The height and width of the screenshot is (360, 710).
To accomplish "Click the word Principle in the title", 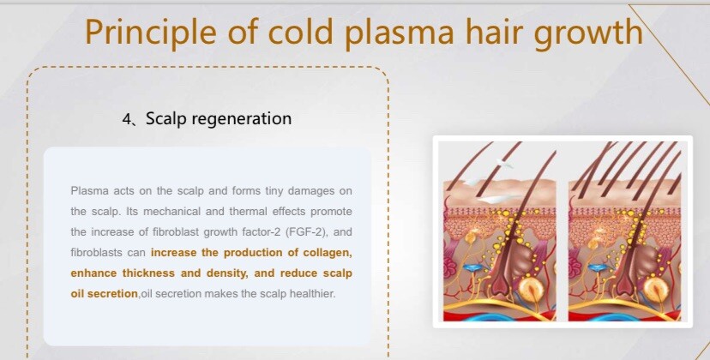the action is [150, 33].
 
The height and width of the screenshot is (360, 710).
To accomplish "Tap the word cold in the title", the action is [301, 31].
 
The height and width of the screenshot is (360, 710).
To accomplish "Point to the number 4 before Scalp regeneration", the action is [126, 119].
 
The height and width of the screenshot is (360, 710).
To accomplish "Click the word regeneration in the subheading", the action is [242, 119].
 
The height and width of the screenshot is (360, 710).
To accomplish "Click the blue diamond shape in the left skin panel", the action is [471, 268].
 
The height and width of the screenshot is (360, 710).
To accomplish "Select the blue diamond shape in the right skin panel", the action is [596, 268].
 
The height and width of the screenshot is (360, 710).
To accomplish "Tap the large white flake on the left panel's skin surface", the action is [498, 198].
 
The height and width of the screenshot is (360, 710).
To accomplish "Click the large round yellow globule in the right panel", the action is [655, 289].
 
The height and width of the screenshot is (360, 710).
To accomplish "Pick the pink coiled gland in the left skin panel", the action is [451, 267].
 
